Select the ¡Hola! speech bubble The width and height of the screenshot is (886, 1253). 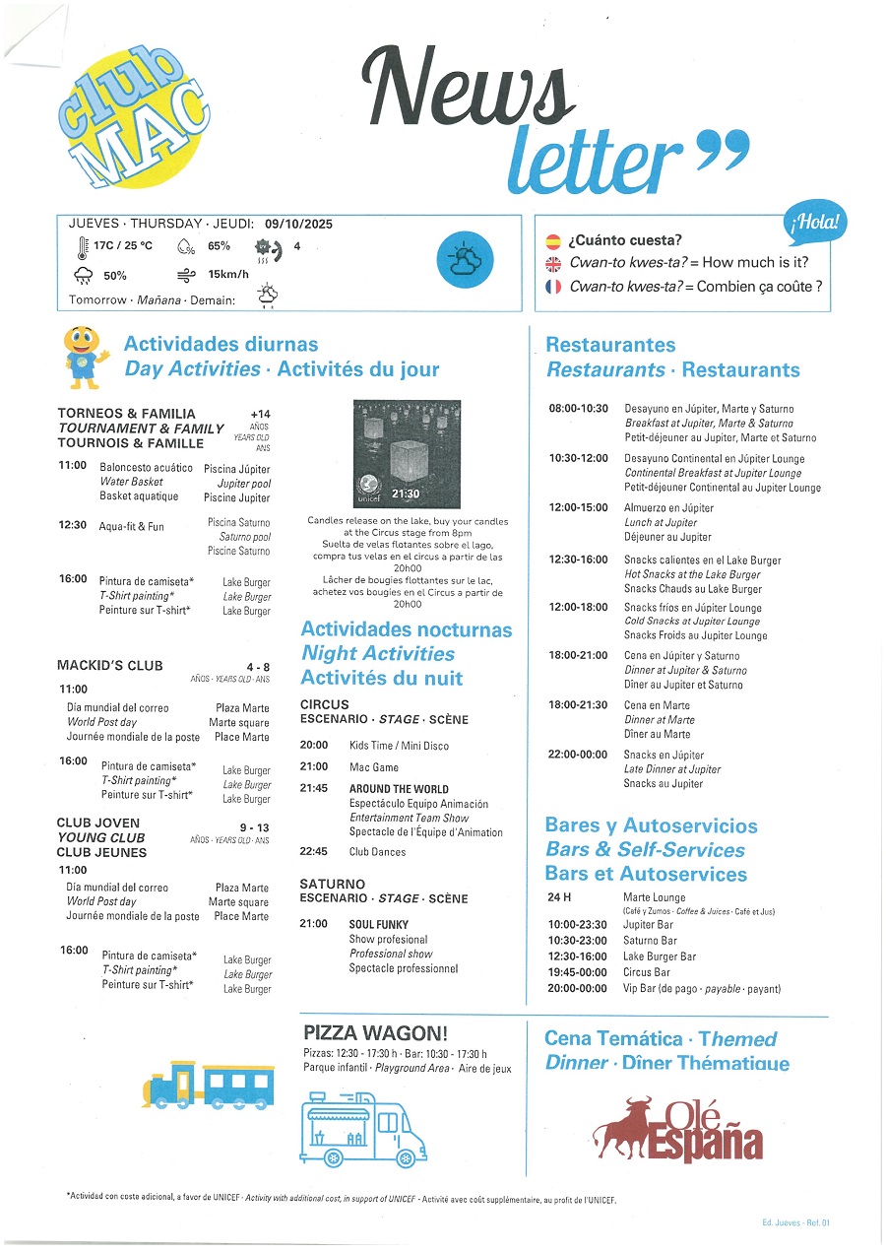click(816, 223)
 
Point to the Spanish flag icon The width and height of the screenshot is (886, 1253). click(553, 240)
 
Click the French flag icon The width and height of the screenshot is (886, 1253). click(553, 288)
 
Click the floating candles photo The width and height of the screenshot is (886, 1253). click(406, 453)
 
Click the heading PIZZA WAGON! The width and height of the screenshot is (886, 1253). click(376, 1033)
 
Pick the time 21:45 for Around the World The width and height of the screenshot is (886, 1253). click(313, 789)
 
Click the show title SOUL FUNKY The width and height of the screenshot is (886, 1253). click(379, 925)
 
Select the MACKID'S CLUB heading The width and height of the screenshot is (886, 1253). click(110, 666)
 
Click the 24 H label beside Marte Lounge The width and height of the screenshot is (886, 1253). click(559, 897)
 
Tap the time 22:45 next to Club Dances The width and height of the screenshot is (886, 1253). click(313, 852)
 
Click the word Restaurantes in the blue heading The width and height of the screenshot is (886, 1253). click(610, 345)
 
